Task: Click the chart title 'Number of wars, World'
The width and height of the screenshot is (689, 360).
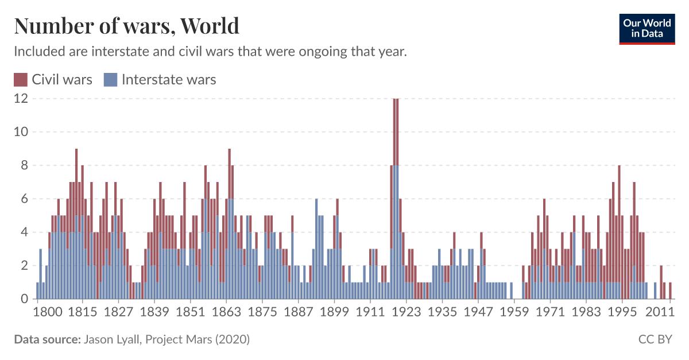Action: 126,26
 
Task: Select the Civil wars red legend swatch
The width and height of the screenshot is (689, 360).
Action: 21,79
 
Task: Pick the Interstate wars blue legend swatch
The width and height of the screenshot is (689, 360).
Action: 110,79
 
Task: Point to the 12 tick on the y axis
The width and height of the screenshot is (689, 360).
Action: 21,98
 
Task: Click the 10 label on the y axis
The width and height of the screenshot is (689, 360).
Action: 21,132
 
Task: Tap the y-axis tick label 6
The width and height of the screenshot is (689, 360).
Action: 24,199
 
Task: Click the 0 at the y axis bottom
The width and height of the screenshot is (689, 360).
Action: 24,299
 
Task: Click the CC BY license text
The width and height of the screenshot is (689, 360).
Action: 655,339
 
